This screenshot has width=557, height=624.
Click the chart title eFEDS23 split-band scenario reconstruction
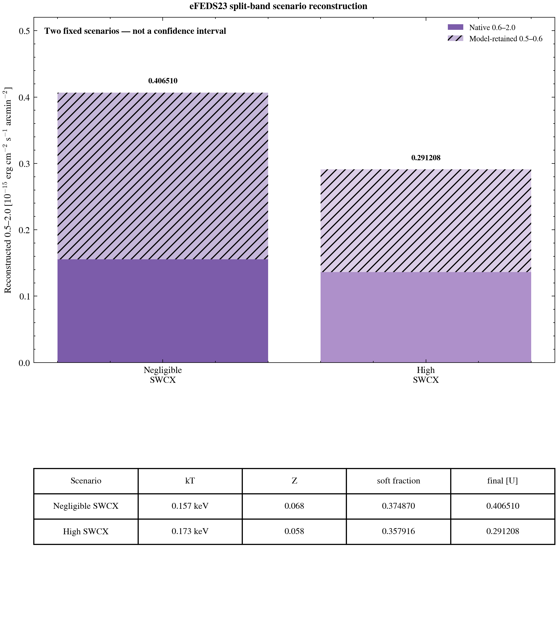coord(278,6)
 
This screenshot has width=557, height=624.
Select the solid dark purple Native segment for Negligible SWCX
coord(163,311)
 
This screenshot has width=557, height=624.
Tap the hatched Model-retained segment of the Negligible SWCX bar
coord(163,176)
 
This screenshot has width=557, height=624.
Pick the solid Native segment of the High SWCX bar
coord(426,317)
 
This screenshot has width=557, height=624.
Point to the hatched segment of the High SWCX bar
coord(426,221)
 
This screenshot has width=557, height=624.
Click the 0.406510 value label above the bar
coord(163,81)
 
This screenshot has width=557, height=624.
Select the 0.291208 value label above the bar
coord(426,158)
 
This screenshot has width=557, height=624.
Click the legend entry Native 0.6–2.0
coord(481,27)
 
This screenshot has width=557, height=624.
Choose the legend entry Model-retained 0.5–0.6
coord(495,39)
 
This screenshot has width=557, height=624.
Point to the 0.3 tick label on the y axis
coord(24,164)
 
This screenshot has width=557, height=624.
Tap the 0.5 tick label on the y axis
coord(24,31)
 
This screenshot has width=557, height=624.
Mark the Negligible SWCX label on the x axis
coord(163,375)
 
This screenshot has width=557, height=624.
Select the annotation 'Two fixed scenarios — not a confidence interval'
coord(135,31)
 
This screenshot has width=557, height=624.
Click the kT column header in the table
coord(190,481)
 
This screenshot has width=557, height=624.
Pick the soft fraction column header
coord(399,481)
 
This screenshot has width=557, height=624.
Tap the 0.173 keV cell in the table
coord(190,531)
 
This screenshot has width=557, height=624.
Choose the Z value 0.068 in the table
coord(294,506)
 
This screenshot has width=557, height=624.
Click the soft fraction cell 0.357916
coord(399,531)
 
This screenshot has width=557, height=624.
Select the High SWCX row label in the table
coord(86,531)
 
